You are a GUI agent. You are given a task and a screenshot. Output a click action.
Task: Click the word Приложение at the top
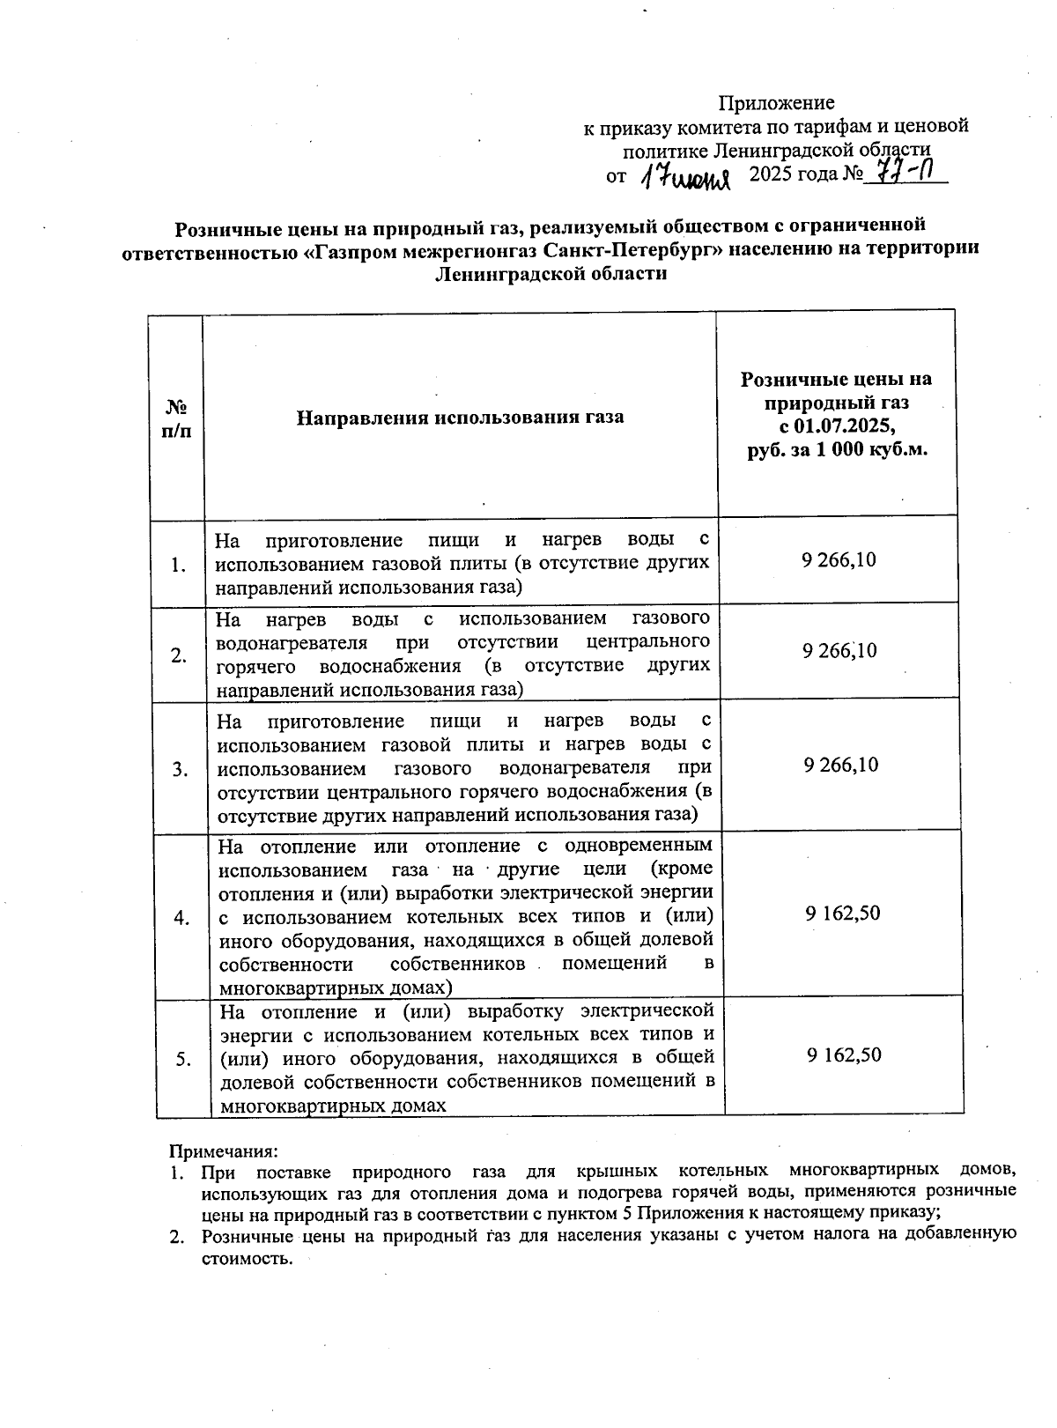(776, 103)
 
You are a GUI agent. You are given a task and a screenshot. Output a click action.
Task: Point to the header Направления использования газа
(459, 417)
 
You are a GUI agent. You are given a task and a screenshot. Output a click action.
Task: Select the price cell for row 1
(839, 560)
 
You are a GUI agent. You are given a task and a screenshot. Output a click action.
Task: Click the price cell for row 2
(839, 651)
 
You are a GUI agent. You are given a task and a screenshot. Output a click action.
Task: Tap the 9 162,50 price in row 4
(842, 913)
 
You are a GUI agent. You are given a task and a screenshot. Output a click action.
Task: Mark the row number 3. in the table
(181, 770)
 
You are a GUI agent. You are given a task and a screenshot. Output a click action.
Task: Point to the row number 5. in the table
(183, 1060)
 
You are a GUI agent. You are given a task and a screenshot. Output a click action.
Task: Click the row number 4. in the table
(181, 918)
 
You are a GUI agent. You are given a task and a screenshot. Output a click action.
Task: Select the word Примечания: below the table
(224, 1151)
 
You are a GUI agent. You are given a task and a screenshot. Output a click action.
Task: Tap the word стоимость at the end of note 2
(244, 1258)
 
